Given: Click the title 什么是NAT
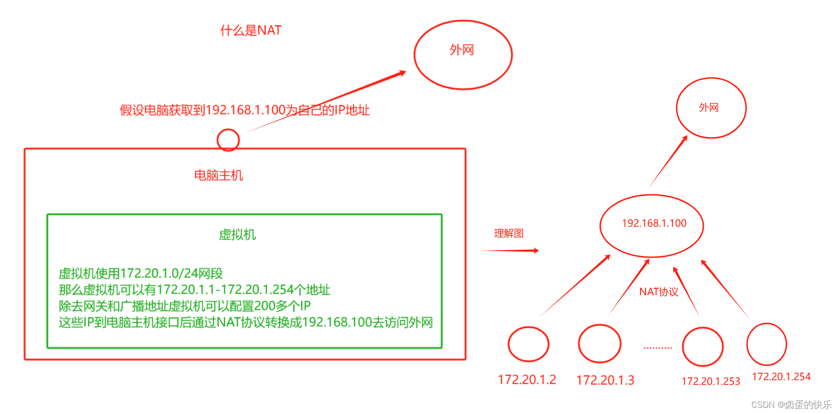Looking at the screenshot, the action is [x=251, y=31].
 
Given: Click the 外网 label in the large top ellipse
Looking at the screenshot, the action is [x=462, y=50].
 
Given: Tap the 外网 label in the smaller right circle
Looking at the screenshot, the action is [x=709, y=107].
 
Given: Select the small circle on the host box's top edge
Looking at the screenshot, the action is [x=228, y=140].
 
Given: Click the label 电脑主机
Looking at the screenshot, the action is [x=219, y=176].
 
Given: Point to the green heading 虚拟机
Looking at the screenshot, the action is [x=237, y=235].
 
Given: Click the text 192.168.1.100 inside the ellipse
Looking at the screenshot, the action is [x=654, y=223].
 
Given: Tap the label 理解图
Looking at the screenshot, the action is [x=509, y=233].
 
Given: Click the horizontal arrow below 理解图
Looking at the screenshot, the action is [x=510, y=251].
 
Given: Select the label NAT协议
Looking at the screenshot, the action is [x=658, y=292].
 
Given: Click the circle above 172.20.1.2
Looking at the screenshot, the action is [x=528, y=344].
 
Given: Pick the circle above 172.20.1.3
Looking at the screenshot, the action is [x=599, y=344].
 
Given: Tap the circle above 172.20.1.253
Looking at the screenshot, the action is [x=702, y=346].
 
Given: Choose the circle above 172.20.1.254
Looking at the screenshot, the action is [x=766, y=344].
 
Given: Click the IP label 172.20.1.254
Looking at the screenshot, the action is [x=781, y=376].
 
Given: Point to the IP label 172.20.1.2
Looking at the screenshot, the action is [x=526, y=379].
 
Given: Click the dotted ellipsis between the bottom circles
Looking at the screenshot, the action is [x=658, y=348].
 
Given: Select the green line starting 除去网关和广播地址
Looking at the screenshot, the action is [x=184, y=306].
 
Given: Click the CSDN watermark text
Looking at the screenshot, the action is [x=791, y=405].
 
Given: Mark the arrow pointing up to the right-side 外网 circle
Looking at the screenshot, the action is [x=668, y=161].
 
